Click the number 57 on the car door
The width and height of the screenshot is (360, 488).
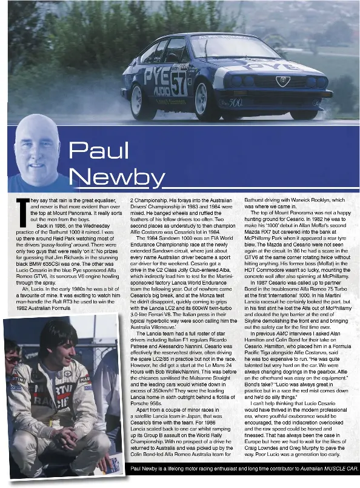[178, 84]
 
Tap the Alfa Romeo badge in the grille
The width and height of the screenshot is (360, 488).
[283, 81]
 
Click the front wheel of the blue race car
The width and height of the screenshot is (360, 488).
[204, 100]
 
